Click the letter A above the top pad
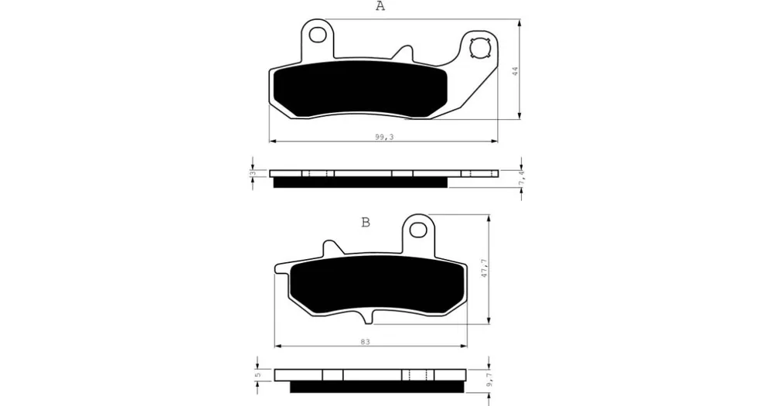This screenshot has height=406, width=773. (380, 6)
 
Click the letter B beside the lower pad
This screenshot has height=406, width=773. (366, 223)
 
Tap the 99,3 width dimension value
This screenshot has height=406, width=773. (384, 137)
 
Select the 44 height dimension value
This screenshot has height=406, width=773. (515, 70)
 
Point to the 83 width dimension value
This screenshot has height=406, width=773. (365, 341)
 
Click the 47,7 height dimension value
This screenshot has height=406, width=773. (485, 268)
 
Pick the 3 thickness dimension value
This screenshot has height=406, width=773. (253, 173)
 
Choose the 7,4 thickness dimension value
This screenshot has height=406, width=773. (522, 178)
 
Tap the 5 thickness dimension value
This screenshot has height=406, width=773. (257, 375)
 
